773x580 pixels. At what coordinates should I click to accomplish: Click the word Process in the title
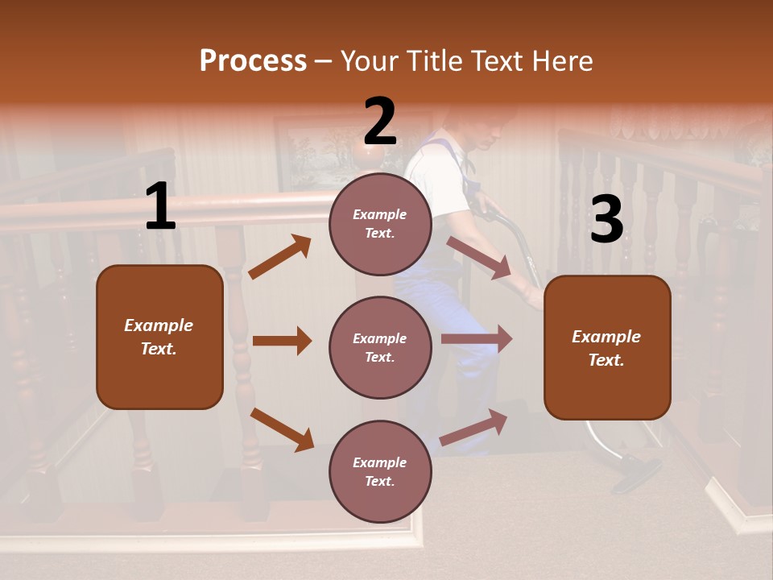click(x=253, y=61)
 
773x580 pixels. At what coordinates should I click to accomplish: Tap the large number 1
click(x=160, y=207)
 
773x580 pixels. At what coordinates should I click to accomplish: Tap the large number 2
click(x=380, y=122)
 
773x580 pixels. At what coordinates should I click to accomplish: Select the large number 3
click(x=606, y=219)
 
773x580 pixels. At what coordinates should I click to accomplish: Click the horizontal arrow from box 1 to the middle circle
click(x=282, y=341)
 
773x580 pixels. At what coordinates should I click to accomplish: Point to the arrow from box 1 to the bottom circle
click(x=282, y=429)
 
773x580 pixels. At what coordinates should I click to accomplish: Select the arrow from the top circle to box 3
click(x=479, y=258)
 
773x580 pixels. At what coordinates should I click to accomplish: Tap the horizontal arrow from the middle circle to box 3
click(x=477, y=339)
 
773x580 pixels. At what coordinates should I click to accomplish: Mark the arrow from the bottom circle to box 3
click(x=474, y=427)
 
